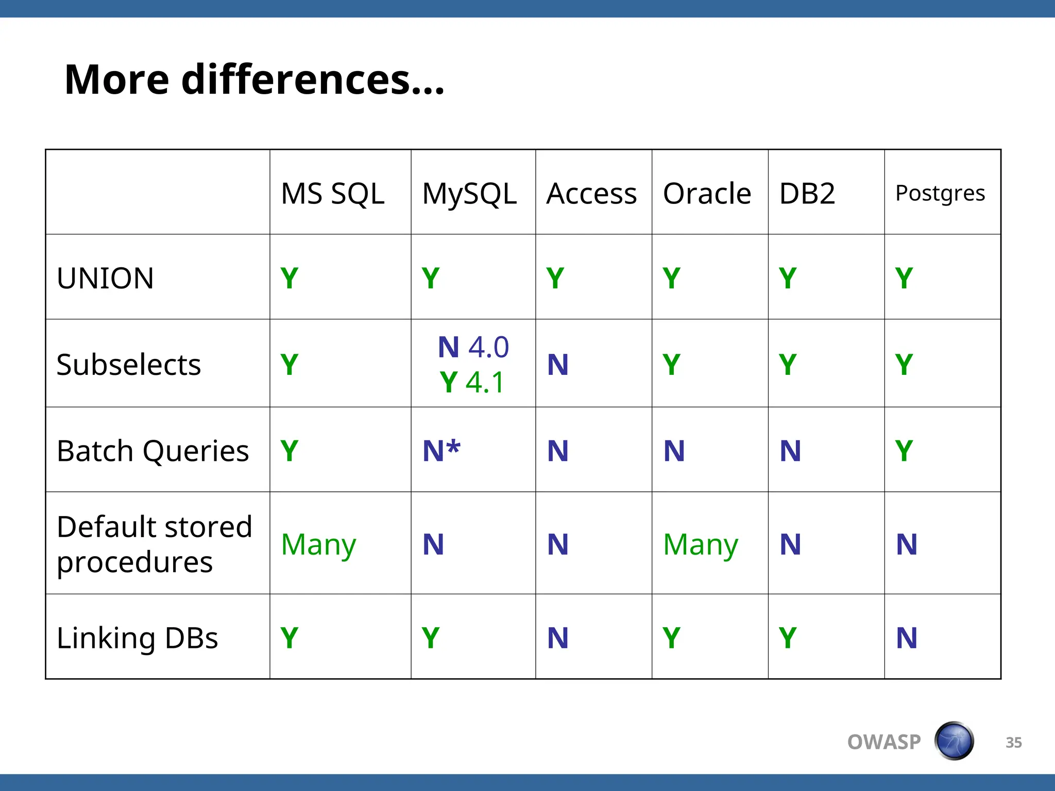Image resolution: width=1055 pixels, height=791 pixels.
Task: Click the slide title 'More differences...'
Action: click(x=254, y=80)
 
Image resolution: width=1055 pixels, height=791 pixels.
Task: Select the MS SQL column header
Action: click(x=333, y=194)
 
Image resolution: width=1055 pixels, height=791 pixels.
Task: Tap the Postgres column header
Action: click(x=940, y=194)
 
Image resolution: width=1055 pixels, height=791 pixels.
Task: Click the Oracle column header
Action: click(x=707, y=194)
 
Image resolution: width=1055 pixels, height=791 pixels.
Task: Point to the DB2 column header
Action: click(x=807, y=194)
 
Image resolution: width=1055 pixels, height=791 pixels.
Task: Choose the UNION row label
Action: click(x=105, y=278)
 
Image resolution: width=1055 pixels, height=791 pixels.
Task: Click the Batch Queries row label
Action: click(x=152, y=451)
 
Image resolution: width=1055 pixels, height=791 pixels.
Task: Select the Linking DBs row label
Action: click(x=137, y=638)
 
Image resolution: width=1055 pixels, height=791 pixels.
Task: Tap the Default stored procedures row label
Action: click(x=154, y=544)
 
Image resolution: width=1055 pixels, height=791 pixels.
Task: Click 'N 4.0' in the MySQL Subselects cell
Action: click(x=473, y=347)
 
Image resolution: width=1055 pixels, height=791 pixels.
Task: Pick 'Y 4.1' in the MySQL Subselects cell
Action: click(x=472, y=382)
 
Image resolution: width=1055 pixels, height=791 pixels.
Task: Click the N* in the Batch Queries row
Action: click(x=441, y=451)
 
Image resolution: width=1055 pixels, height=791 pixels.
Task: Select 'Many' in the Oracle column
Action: click(x=701, y=544)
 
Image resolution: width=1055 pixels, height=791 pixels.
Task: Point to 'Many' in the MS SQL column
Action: click(x=318, y=544)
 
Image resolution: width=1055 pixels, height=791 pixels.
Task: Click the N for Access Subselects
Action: click(x=558, y=365)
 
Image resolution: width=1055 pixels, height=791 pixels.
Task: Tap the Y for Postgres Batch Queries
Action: click(x=904, y=451)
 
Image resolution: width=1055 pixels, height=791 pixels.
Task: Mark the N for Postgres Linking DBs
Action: click(x=907, y=638)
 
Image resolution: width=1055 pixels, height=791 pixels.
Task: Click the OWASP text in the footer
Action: click(x=884, y=742)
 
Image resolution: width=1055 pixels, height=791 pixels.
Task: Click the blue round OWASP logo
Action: click(x=954, y=741)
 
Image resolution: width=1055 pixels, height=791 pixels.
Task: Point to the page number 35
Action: click(x=1013, y=743)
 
